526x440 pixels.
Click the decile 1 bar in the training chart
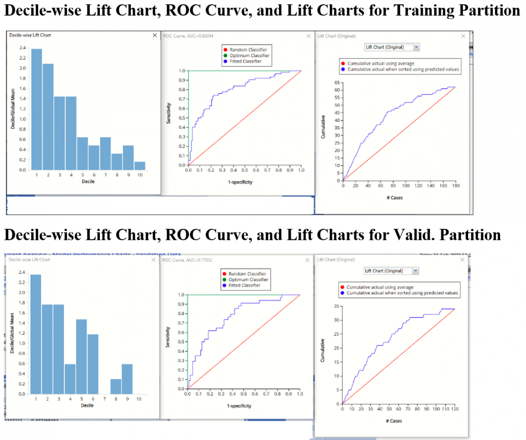[x=36, y=109]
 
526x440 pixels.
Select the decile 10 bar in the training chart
[x=139, y=166]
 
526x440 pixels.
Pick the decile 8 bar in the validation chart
[x=116, y=386]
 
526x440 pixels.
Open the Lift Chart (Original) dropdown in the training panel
[x=416, y=47]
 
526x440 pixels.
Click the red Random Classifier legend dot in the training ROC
[x=225, y=50]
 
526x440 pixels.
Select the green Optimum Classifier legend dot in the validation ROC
[x=224, y=279]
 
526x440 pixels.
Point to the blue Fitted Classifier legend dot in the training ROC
[x=225, y=61]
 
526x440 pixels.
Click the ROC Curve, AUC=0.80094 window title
[x=188, y=36]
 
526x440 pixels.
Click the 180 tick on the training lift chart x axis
[x=455, y=186]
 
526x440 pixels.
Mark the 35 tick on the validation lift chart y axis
[x=336, y=306]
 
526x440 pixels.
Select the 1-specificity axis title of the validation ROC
[x=239, y=406]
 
